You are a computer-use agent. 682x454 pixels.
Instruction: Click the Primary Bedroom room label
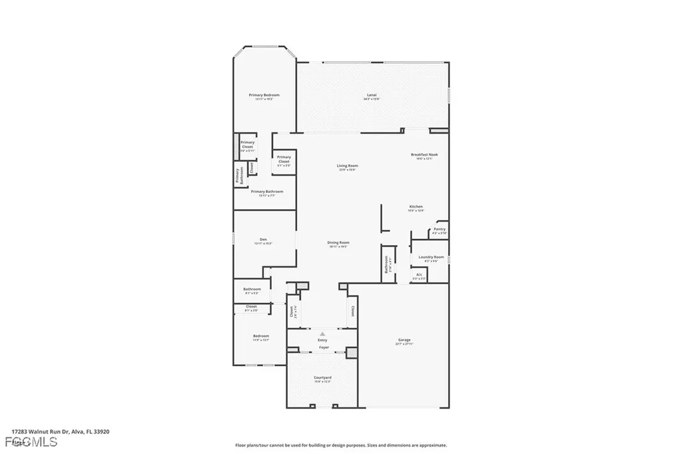[x=264, y=95]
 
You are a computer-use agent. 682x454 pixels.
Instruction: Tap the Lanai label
[x=372, y=95]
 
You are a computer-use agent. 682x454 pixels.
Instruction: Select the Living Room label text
[x=347, y=166]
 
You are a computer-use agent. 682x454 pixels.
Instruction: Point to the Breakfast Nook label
[x=424, y=155]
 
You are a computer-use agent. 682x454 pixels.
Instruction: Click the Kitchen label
[x=416, y=207]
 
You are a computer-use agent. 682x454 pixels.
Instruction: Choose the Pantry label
[x=440, y=230]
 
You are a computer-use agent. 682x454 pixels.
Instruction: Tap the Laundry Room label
[x=430, y=257]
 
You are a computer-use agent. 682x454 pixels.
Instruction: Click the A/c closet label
[x=419, y=274]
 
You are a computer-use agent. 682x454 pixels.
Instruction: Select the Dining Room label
[x=338, y=242]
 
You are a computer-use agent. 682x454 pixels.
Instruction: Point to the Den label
[x=263, y=240]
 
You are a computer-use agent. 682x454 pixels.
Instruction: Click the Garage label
[x=404, y=340]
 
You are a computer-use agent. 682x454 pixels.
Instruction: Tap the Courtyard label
[x=322, y=378]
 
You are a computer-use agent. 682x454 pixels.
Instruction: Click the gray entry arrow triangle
[x=322, y=334]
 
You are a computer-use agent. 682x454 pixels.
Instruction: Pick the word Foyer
[x=322, y=347]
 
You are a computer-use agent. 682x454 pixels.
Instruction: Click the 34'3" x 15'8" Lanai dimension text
[x=372, y=99]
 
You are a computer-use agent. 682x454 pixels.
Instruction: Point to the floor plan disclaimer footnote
[x=340, y=445]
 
